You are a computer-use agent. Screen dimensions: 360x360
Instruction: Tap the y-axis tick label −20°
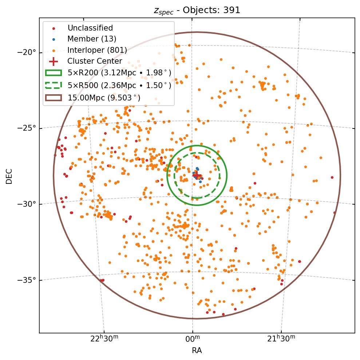coord(27,52)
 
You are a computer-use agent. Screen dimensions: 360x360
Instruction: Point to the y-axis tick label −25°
coord(27,128)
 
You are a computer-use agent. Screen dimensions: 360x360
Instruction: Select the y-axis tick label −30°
coord(27,204)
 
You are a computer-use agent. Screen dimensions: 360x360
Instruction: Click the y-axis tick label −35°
coord(27,280)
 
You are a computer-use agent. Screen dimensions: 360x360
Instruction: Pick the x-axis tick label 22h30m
coord(104,339)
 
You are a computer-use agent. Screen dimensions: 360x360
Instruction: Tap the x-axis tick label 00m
coord(193,339)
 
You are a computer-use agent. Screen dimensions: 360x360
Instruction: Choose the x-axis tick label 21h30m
coord(281,339)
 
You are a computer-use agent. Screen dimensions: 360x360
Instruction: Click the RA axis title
coord(197,351)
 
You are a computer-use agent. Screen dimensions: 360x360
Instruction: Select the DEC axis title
coord(9,176)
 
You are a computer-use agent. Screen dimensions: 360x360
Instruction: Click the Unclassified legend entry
coord(90,28)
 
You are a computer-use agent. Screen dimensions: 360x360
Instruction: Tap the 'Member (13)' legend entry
coord(92,39)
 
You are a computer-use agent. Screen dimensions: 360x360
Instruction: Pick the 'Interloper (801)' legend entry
coord(97,50)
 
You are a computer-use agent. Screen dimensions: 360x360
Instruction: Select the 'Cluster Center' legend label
coord(95,61)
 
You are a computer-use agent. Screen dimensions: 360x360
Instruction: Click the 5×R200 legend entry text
coord(119,73)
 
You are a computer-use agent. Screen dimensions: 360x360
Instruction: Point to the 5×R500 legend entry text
coord(119,85)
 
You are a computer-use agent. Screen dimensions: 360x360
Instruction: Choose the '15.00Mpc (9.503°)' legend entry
coord(104,98)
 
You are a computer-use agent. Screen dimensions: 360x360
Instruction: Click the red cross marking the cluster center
coord(197,176)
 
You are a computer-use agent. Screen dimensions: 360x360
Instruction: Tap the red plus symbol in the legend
coord(54,61)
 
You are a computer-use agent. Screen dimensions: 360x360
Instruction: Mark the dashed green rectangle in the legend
coord(54,85)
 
